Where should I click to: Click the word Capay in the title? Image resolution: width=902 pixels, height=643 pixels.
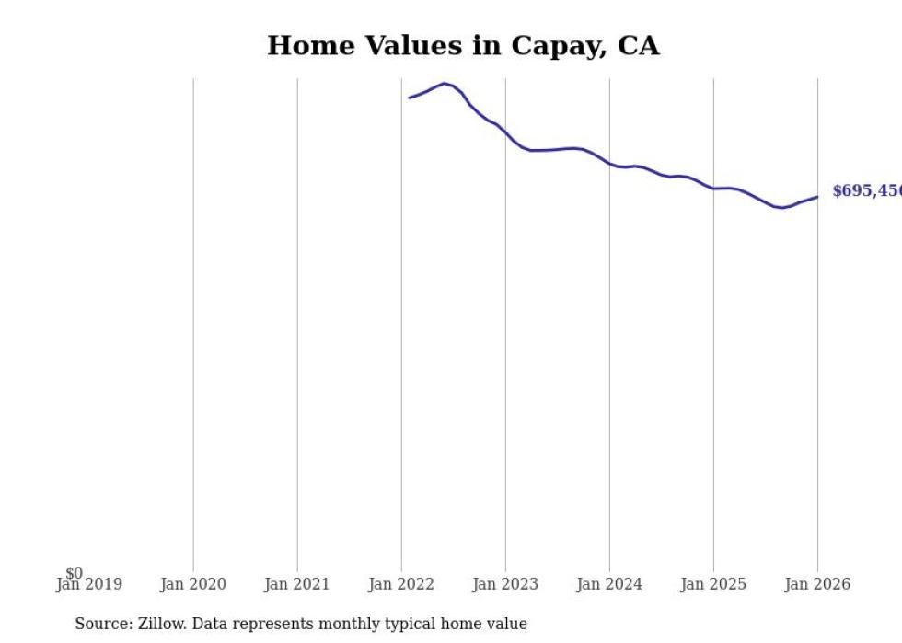point(541,47)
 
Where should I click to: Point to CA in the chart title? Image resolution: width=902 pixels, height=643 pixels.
point(638,45)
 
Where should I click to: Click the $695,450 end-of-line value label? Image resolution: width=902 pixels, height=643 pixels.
point(866,191)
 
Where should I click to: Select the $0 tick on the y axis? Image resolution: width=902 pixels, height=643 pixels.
point(74,573)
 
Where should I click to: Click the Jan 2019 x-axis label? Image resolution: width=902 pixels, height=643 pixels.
point(88,584)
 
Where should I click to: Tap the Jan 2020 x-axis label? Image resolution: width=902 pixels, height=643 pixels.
point(192,584)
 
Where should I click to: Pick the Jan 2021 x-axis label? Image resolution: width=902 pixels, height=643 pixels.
point(296,584)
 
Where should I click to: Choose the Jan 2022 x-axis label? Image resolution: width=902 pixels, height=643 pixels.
point(401,584)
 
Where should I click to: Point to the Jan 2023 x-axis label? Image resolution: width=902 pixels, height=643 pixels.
point(505,584)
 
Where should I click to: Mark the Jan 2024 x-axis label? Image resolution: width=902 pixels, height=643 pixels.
point(609,584)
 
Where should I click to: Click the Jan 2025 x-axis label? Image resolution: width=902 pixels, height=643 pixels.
point(713,584)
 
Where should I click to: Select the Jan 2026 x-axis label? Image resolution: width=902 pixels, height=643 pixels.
point(817,584)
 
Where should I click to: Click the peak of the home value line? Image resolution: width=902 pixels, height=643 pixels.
point(445,84)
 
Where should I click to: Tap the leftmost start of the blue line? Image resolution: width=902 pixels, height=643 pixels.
point(410,98)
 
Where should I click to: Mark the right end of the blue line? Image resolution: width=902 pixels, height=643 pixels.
point(817,197)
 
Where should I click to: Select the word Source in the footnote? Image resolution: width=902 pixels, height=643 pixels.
point(103,624)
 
